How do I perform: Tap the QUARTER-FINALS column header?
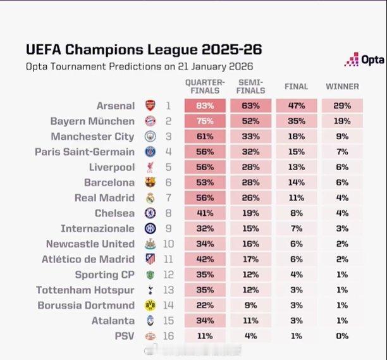[204, 86]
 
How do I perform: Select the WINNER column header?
[342, 86]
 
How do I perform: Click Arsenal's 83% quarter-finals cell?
[204, 106]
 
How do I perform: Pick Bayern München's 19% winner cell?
[342, 121]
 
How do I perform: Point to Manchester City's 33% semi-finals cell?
[251, 136]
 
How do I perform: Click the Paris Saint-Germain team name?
[94, 152]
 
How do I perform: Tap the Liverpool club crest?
[150, 167]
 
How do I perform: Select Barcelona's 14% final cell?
[296, 182]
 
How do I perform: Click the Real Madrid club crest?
[150, 198]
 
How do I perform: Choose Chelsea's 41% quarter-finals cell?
[204, 213]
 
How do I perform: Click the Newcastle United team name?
[90, 244]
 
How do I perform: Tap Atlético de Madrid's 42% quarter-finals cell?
[204, 259]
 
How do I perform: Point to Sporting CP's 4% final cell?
[296, 275]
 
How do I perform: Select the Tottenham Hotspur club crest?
[150, 290]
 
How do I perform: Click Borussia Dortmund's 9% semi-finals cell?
[251, 306]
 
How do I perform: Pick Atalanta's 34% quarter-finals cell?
[204, 321]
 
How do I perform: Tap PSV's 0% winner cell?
[342, 336]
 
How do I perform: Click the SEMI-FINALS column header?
[251, 86]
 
